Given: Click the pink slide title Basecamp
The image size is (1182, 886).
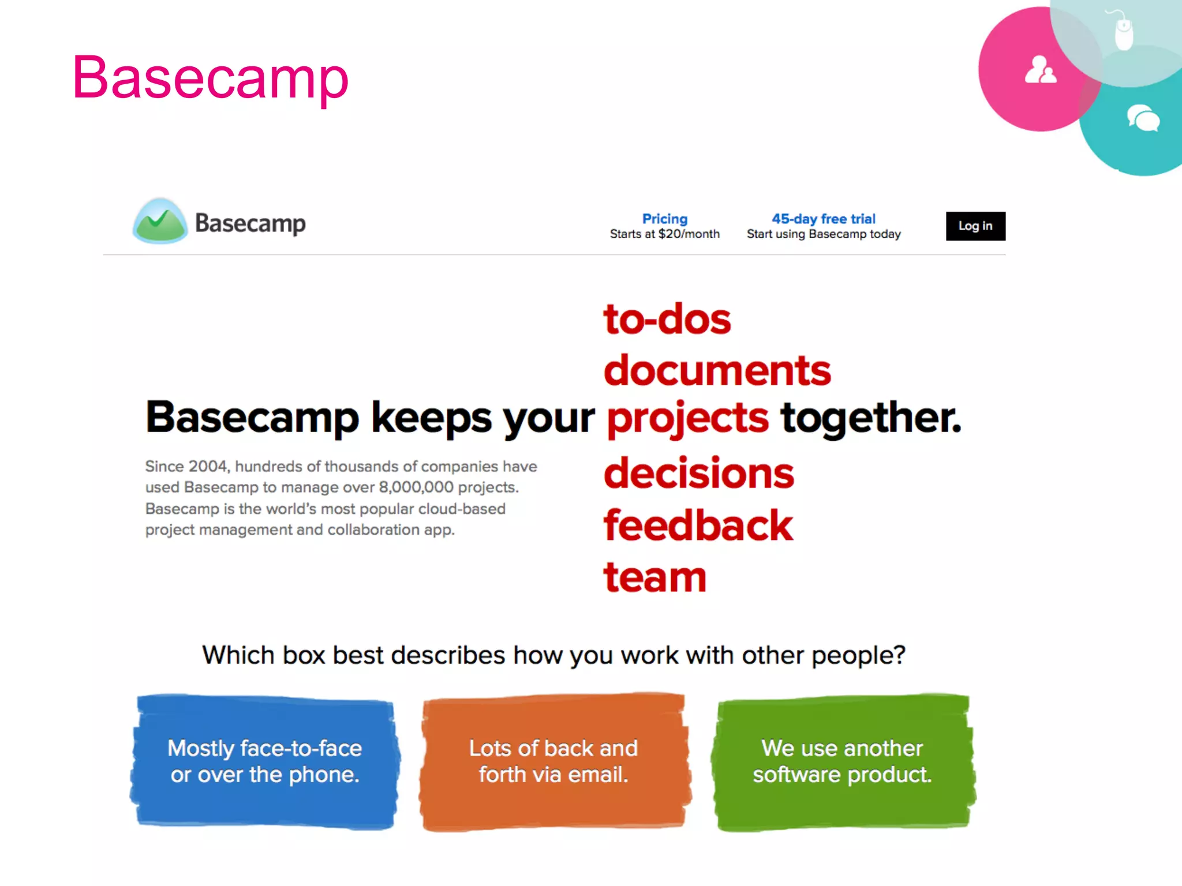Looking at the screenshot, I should pyautogui.click(x=210, y=78).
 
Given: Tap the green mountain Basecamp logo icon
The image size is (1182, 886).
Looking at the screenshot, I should pyautogui.click(x=160, y=221).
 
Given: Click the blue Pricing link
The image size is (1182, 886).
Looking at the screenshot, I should pyautogui.click(x=664, y=219).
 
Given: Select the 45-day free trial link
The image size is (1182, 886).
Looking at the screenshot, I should pyautogui.click(x=823, y=219).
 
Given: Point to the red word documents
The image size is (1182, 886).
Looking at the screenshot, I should pyautogui.click(x=717, y=370).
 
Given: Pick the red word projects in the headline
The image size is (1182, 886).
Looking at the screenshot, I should pyautogui.click(x=687, y=418).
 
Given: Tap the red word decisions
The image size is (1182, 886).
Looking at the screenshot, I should pyautogui.click(x=698, y=473).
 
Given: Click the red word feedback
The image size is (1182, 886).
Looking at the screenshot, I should pyautogui.click(x=698, y=525).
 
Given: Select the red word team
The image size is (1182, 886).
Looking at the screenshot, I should pyautogui.click(x=654, y=577).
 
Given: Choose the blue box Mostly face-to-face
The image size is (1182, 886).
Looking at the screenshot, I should pyautogui.click(x=265, y=761).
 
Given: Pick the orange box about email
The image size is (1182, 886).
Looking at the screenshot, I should pyautogui.click(x=553, y=761).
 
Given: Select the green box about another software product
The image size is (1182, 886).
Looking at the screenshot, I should pyautogui.click(x=842, y=761).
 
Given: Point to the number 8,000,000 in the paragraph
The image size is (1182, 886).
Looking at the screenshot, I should pyautogui.click(x=416, y=487).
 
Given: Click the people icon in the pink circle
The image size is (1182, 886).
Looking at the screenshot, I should pyautogui.click(x=1040, y=70).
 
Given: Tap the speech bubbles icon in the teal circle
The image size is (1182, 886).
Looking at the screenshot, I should pyautogui.click(x=1143, y=118).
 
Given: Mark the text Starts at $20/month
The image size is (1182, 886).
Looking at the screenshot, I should pyautogui.click(x=664, y=234).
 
